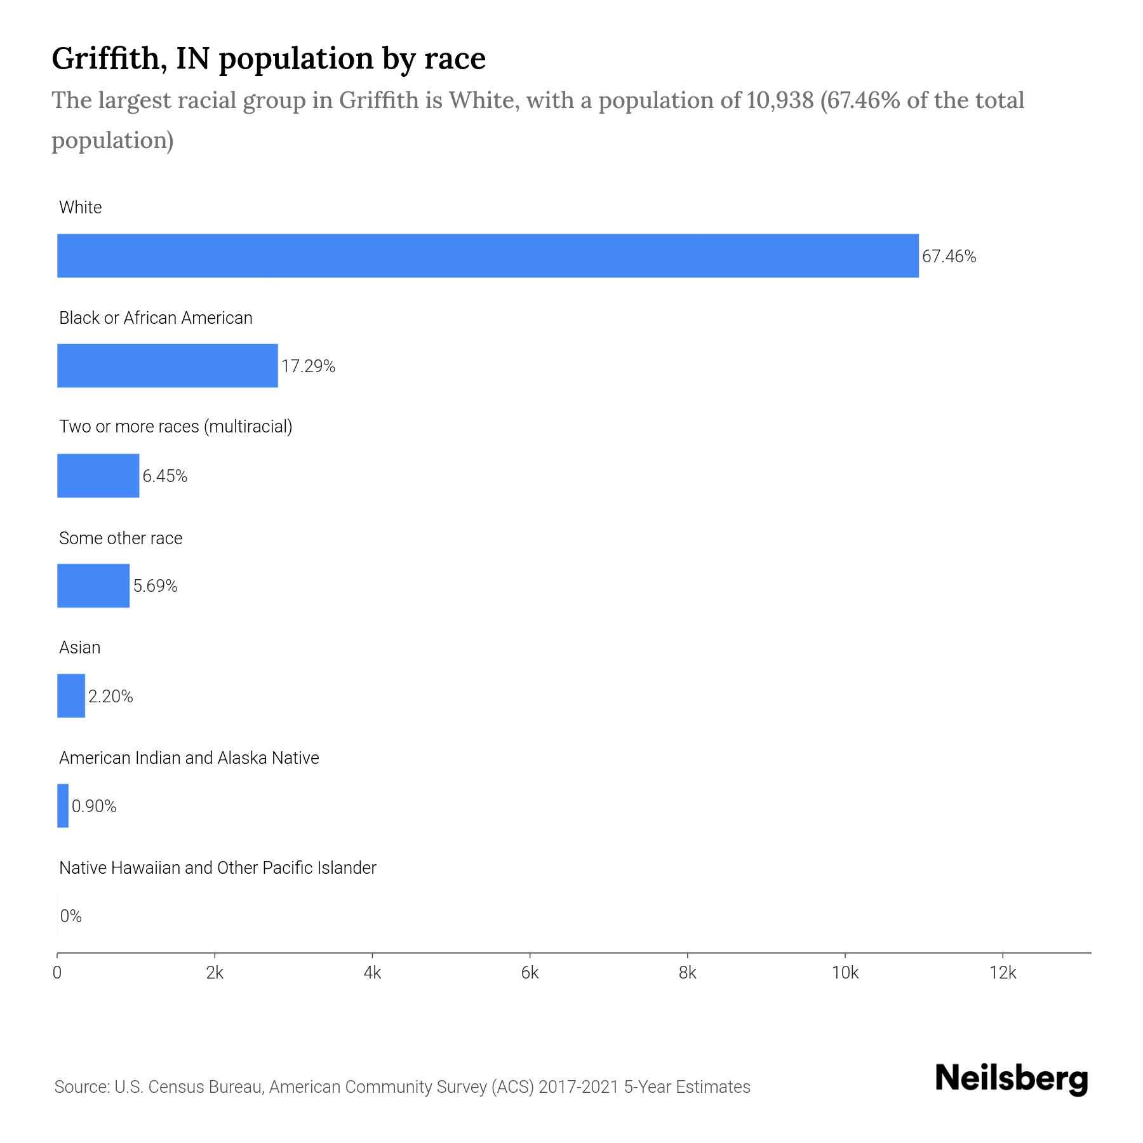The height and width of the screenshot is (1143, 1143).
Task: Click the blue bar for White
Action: point(488,256)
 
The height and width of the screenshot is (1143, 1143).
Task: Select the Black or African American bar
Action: point(168,366)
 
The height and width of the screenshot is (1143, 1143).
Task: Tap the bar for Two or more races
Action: point(98,476)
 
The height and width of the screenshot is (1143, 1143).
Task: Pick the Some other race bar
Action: point(93,585)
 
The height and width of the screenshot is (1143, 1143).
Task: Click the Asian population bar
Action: point(71,695)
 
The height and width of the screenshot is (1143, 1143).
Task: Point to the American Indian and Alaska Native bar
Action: point(63,806)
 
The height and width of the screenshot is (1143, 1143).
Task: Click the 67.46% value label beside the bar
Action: point(949,257)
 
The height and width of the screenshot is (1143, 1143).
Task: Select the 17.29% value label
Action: point(308,366)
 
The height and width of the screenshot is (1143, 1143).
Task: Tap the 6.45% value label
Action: point(164,476)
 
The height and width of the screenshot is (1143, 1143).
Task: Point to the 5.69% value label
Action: point(155,586)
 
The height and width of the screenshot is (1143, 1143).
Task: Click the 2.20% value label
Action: point(110,697)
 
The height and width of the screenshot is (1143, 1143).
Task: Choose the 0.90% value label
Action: point(94,806)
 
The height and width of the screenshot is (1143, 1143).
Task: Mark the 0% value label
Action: point(71,916)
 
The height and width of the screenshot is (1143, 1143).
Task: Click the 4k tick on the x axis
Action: point(372,973)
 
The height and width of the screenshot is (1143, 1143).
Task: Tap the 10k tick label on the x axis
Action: point(845,973)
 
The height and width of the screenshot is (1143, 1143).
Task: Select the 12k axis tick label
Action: point(1003,973)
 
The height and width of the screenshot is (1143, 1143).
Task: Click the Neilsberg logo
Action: point(1012,1079)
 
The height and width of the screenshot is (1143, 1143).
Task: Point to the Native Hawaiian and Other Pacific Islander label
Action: point(217,868)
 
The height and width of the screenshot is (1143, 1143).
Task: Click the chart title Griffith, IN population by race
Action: point(269,58)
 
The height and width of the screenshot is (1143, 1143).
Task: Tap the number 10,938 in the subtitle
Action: point(780,100)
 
